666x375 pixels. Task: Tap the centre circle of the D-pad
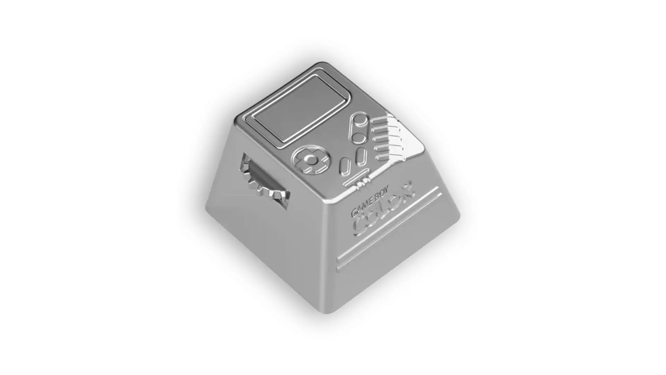[311, 160]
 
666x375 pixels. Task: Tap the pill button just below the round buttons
[360, 156]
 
